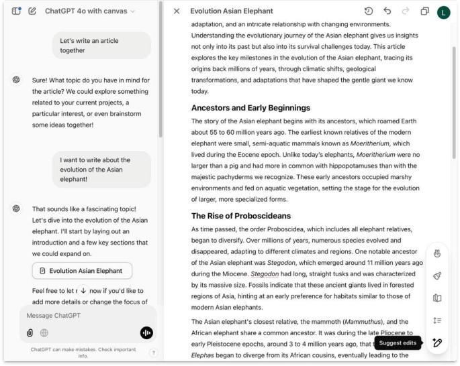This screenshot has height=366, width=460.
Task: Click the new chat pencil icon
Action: (32, 11)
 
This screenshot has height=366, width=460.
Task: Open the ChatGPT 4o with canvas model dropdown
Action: (89, 11)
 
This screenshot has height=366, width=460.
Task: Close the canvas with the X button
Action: (177, 11)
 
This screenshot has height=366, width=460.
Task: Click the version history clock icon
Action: (369, 11)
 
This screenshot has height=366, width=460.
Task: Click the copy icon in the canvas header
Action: (424, 11)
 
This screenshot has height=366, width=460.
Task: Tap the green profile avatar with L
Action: (443, 12)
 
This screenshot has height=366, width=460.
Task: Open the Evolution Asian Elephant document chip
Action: (82, 271)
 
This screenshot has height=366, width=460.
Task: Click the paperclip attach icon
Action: (30, 332)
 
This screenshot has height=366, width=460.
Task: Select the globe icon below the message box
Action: (44, 332)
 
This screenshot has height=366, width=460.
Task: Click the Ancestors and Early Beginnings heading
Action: (250, 108)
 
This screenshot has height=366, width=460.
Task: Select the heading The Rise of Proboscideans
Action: (241, 216)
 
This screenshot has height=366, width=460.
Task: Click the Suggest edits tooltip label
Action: (398, 343)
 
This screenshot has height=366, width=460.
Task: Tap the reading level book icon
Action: (437, 298)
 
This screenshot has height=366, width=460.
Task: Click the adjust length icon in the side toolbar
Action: (437, 320)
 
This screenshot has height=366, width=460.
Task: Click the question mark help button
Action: (153, 353)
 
